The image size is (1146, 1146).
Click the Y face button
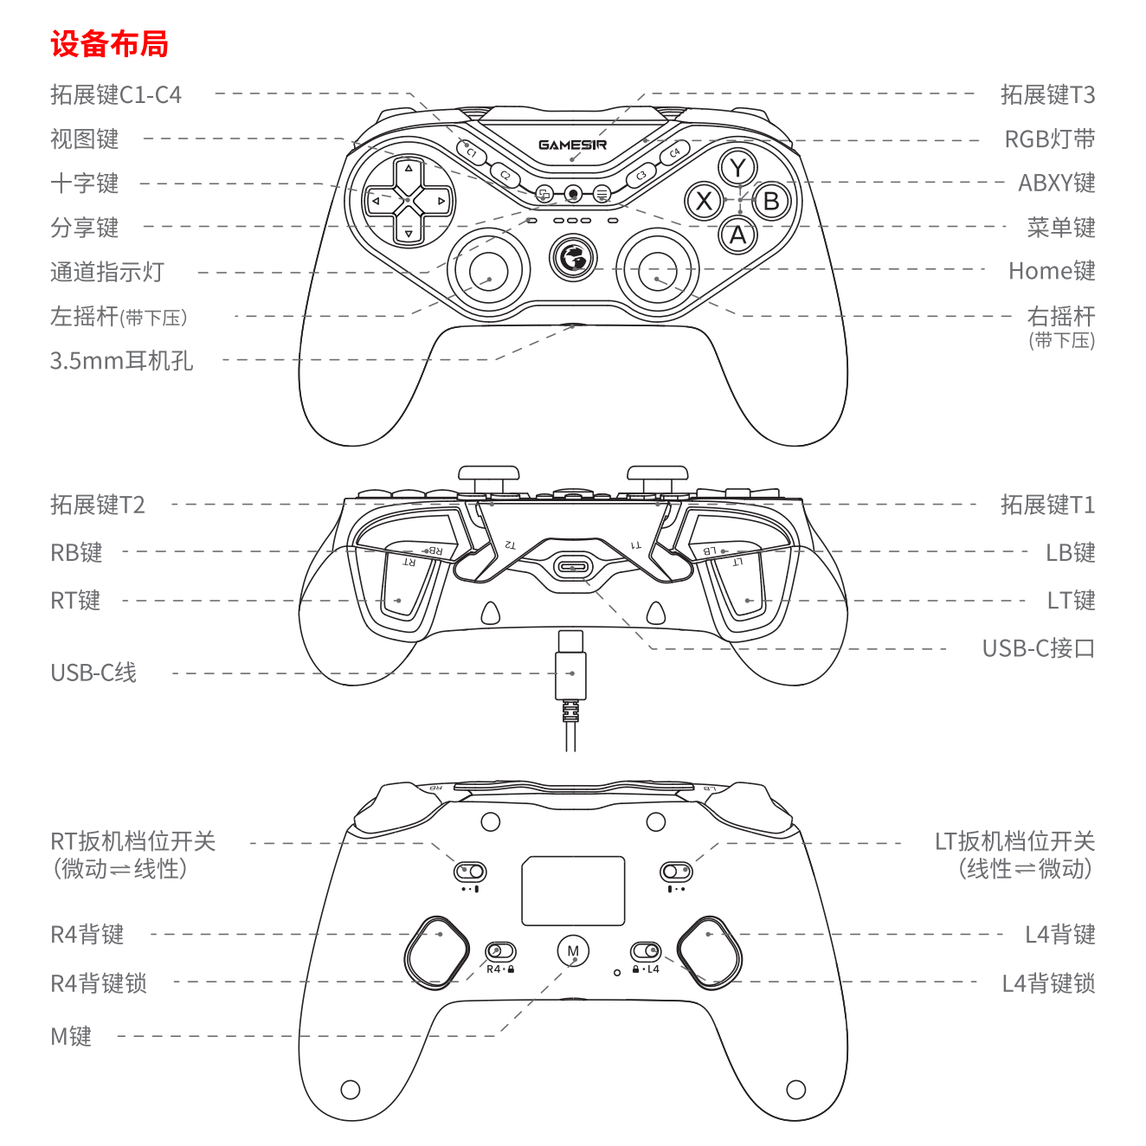(x=737, y=168)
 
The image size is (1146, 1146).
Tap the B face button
(x=771, y=202)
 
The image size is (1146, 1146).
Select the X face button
(x=704, y=201)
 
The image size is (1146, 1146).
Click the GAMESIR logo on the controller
(x=572, y=145)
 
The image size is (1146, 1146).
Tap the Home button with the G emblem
(x=572, y=258)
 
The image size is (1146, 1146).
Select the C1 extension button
(x=471, y=152)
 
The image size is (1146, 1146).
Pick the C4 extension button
(x=674, y=153)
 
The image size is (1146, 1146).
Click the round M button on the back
(x=573, y=951)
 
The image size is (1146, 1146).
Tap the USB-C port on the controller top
(x=572, y=567)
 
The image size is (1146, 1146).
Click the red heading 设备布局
(x=109, y=44)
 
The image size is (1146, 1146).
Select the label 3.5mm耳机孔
(x=121, y=360)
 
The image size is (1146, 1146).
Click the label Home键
(x=1052, y=271)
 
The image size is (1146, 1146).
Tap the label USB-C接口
(x=1039, y=648)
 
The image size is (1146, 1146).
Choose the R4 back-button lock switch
(x=501, y=951)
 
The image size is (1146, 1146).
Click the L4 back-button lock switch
(x=646, y=951)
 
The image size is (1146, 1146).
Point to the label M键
(x=71, y=1037)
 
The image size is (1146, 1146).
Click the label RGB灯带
(x=1050, y=139)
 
